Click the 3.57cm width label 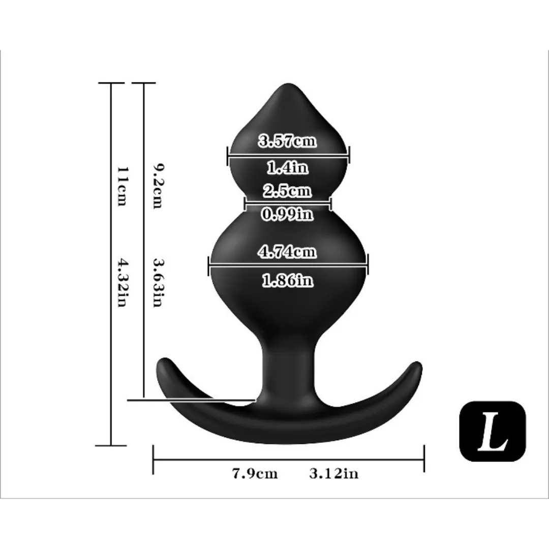point(287,141)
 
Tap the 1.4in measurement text point(287,167)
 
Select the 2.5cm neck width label point(287,191)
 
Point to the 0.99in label point(287,213)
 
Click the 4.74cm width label point(287,252)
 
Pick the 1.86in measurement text point(287,280)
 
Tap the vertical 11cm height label point(122,186)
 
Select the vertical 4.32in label point(122,283)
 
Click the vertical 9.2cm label point(158,186)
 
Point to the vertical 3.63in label point(158,283)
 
